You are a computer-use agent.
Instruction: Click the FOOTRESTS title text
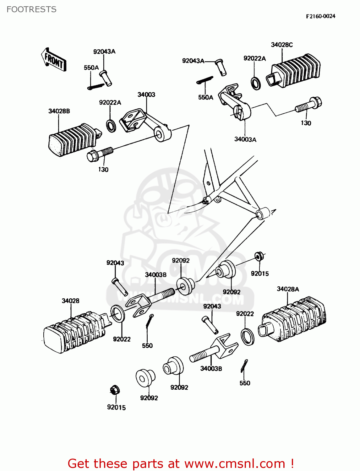pyautogui.click(x=31, y=9)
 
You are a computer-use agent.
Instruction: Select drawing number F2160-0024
pyautogui.click(x=320, y=16)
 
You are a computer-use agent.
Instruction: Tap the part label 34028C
pyautogui.click(x=282, y=45)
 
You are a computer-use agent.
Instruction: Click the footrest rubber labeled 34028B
pyautogui.click(x=73, y=140)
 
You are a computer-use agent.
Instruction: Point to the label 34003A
pyautogui.click(x=245, y=139)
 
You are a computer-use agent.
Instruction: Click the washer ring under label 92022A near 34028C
pyautogui.click(x=256, y=83)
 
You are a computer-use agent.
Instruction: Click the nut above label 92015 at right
pyautogui.click(x=259, y=257)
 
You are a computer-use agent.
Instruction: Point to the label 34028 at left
pyautogui.click(x=70, y=301)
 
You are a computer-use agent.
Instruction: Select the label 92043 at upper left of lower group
pyautogui.click(x=115, y=263)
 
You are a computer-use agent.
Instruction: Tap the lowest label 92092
pyautogui.click(x=149, y=398)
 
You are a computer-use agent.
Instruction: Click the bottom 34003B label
pyautogui.click(x=211, y=368)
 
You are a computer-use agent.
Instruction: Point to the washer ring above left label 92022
pyautogui.click(x=117, y=313)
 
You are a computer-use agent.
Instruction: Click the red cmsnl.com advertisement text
pyautogui.click(x=181, y=463)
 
